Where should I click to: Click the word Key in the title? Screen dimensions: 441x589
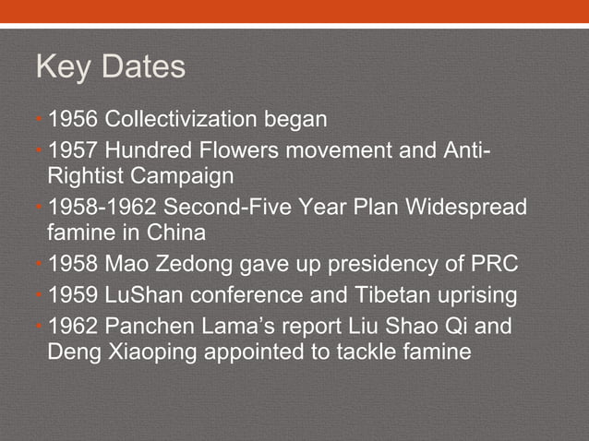(66, 68)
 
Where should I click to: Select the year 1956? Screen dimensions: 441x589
(75, 119)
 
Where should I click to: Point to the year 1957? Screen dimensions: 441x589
(75, 149)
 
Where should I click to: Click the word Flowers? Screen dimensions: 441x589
(239, 149)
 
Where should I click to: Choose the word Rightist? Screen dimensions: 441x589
(81, 174)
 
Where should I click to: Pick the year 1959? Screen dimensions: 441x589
(75, 297)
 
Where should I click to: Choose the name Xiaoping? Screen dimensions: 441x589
(146, 352)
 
